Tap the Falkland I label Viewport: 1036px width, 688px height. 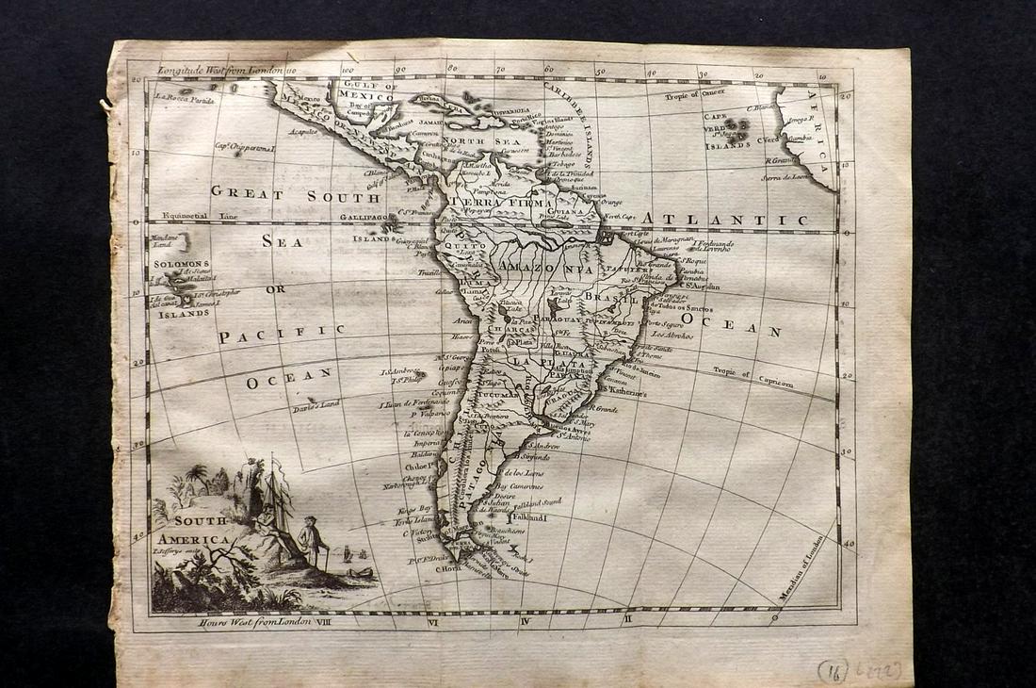tap(529, 516)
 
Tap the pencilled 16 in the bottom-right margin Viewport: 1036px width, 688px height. tap(833, 671)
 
